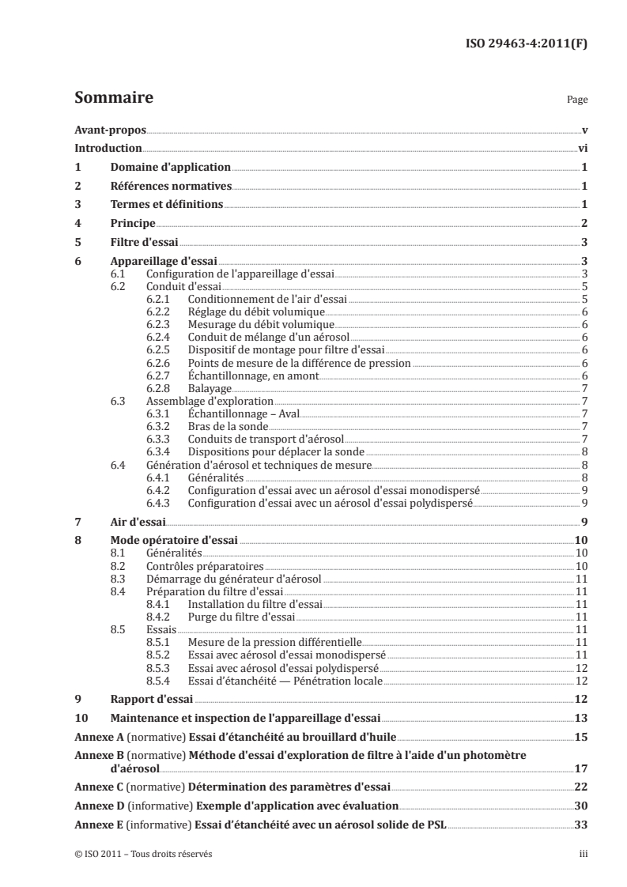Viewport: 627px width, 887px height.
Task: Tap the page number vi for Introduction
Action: pos(582,148)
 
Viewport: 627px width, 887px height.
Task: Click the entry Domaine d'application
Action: pos(170,167)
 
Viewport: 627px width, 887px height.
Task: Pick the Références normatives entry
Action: pos(170,186)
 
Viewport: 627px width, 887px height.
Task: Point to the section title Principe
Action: pos(132,224)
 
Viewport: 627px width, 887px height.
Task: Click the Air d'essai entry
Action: pos(137,523)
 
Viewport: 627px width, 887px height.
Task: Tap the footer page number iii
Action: pos(581,855)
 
